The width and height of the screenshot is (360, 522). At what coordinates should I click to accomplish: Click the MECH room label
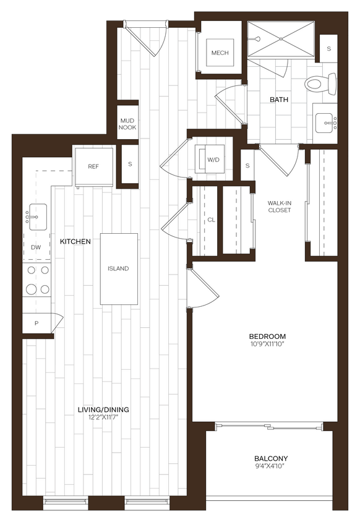pos(220,53)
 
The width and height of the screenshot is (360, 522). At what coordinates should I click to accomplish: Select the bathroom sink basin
pos(324,124)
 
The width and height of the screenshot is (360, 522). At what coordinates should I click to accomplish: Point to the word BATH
pos(277,100)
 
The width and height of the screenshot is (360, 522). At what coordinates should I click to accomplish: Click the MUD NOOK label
pos(127,124)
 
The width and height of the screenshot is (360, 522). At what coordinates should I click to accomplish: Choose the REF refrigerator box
pos(93,166)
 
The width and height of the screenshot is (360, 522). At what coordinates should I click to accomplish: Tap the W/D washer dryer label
pos(213,160)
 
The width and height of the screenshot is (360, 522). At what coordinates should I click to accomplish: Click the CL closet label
pos(211,220)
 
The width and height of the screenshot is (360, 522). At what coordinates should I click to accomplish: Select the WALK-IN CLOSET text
pos(279,207)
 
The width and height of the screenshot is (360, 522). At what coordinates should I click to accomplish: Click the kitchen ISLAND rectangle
pos(118,268)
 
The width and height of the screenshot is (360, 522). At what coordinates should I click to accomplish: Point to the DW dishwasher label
pos(36,247)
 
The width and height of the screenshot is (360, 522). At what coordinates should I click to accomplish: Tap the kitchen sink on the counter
pos(37,217)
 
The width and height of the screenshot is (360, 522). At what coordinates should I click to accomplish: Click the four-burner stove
pos(36,280)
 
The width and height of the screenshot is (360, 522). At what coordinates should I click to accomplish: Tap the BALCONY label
pos(271,458)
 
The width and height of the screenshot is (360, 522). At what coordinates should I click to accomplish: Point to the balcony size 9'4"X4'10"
pos(271,467)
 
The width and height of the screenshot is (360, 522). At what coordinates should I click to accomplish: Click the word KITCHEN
pos(75,241)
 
